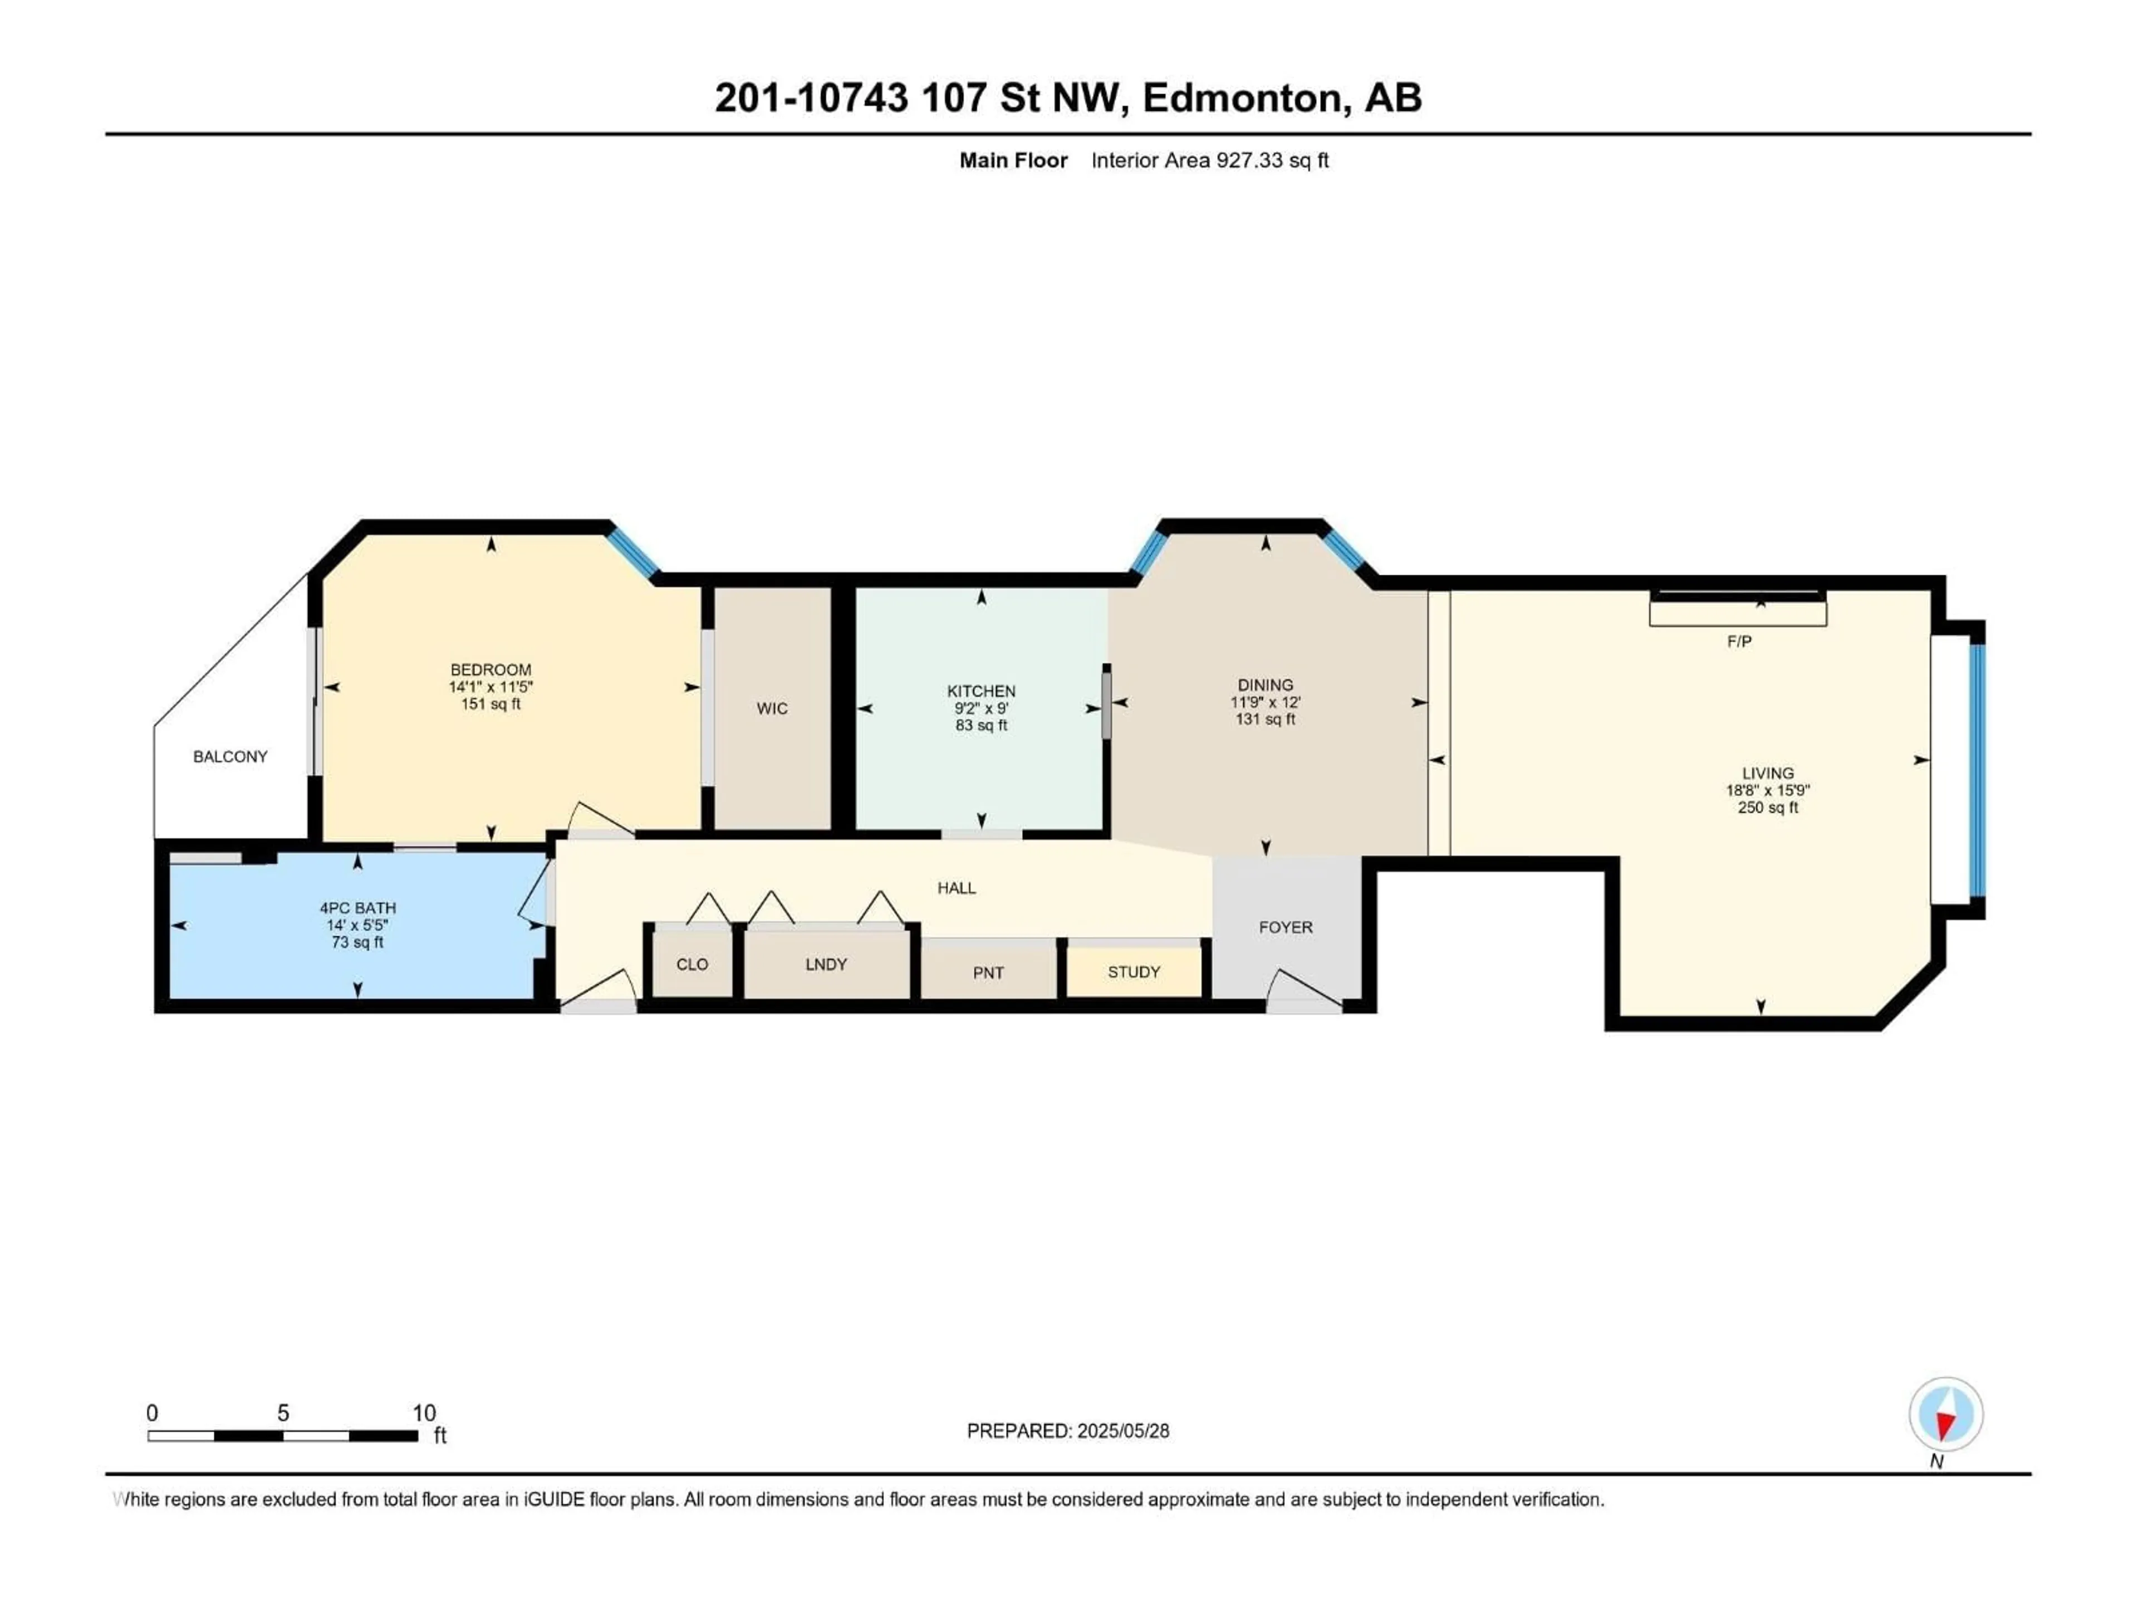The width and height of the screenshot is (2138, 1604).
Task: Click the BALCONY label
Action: [230, 756]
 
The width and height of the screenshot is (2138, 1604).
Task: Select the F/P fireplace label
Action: [1739, 641]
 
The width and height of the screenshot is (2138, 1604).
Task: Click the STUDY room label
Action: [1133, 972]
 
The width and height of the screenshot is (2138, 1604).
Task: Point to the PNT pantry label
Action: [988, 972]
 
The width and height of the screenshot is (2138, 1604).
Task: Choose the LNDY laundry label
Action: [826, 964]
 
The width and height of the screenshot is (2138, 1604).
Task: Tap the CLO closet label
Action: [692, 964]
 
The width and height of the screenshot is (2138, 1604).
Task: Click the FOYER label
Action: [1286, 927]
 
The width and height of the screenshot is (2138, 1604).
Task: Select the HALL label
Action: [956, 888]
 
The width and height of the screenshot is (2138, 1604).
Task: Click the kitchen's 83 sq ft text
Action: [981, 725]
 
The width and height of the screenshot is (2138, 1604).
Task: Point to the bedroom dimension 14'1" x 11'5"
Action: [491, 687]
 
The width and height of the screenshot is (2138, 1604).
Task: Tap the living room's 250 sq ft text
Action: [1768, 808]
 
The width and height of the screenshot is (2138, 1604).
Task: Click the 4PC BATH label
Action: [357, 908]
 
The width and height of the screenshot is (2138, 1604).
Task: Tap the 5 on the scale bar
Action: [283, 1412]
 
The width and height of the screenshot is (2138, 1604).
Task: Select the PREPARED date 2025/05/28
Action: [1067, 1431]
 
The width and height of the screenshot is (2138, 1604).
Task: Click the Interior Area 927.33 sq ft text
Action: [1209, 160]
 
